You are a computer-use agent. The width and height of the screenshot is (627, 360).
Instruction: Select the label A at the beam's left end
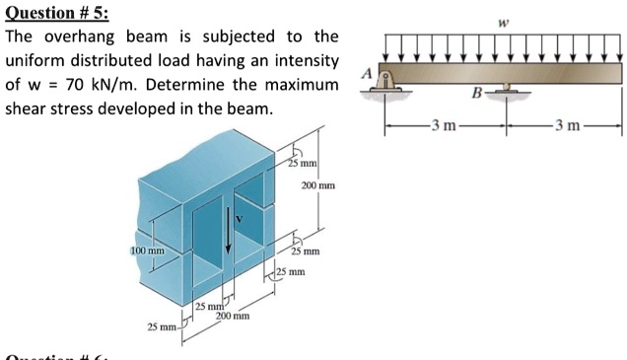[x=366, y=72]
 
